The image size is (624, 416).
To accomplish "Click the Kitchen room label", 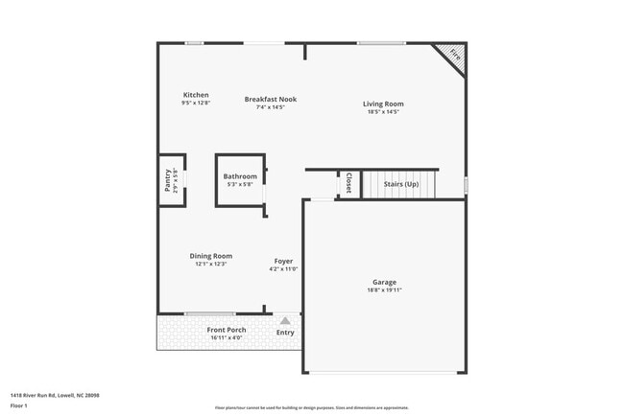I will click(196, 95).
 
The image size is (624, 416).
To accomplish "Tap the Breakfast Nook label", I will click(270, 99).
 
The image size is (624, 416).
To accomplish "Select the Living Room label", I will click(382, 104).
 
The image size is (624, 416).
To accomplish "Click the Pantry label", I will click(167, 181).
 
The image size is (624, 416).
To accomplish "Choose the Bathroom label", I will click(240, 176).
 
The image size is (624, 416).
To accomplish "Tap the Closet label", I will click(348, 182).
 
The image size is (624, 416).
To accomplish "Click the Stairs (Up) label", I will click(401, 183).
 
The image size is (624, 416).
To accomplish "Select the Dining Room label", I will click(210, 256).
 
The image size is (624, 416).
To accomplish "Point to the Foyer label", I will click(283, 261).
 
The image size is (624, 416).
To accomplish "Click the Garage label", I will click(384, 283).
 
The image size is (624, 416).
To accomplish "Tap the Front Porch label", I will click(228, 330).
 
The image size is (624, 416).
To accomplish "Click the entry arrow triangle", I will click(285, 321).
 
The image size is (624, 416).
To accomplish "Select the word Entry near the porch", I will click(285, 333).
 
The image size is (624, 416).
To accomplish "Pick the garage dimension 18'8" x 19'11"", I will click(384, 290).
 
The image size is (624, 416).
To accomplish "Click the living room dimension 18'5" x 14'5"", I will click(382, 112).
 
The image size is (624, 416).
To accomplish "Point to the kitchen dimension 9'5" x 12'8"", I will click(196, 103).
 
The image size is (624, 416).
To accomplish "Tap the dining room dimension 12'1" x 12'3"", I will click(210, 264).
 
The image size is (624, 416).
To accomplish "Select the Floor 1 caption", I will click(19, 405).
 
